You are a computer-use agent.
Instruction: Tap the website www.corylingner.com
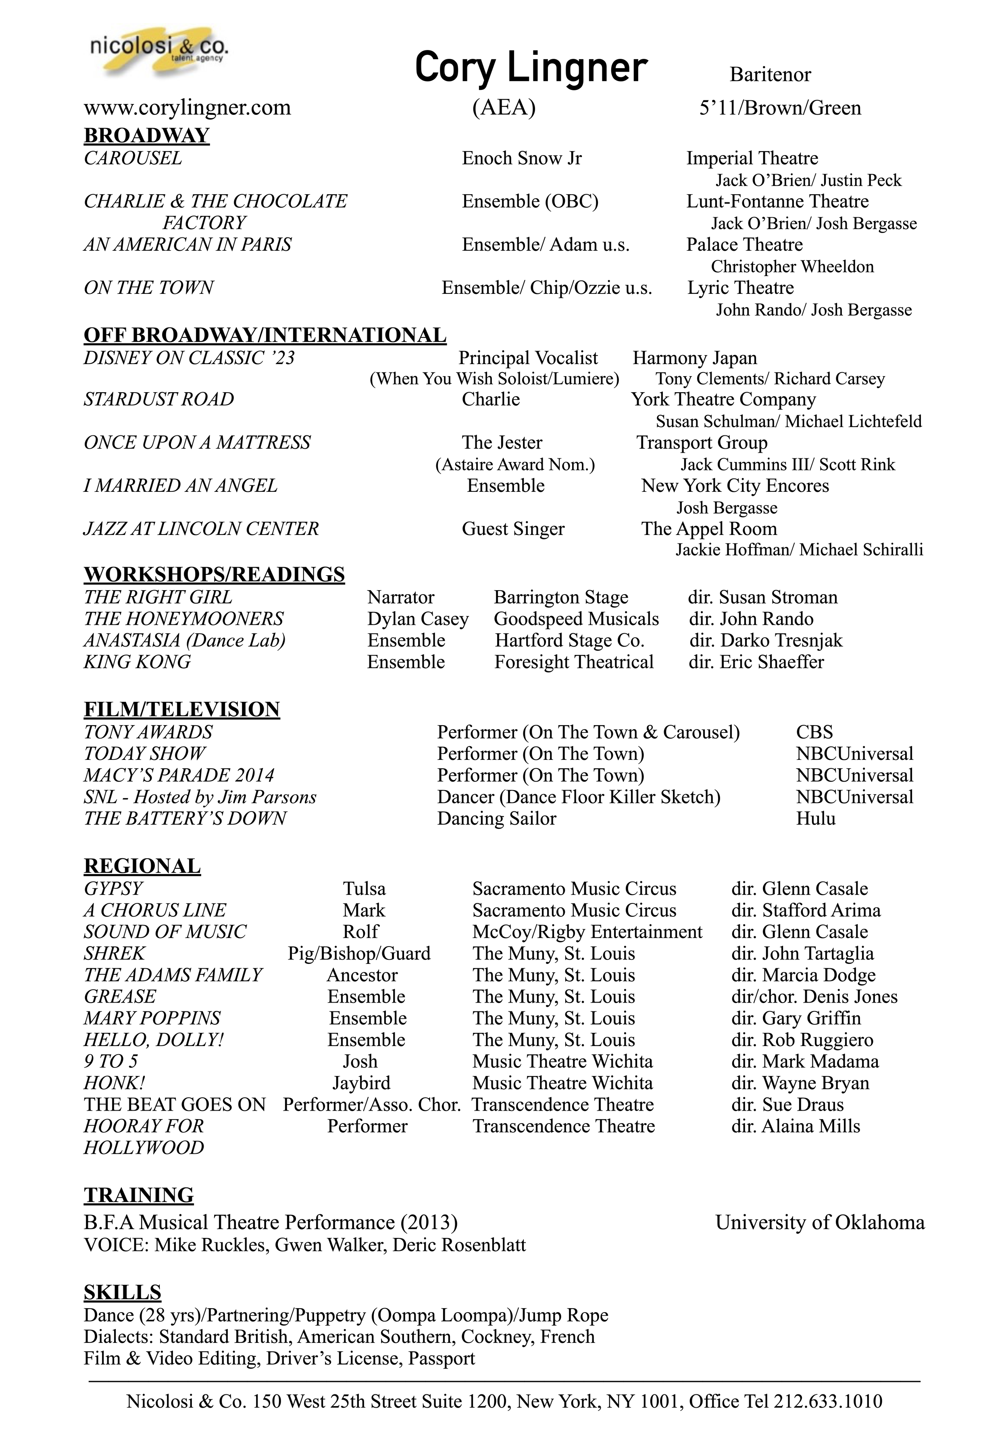[187, 108]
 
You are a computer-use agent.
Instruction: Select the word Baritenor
[770, 75]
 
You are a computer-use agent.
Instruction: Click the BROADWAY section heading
[146, 135]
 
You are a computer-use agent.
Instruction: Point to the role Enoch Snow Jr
[522, 158]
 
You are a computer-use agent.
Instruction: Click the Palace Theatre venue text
[744, 244]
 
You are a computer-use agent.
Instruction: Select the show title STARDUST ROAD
[159, 399]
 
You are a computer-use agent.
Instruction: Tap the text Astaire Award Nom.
[515, 465]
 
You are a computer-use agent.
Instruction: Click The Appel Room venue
[709, 528]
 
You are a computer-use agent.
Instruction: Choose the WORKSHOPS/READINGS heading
[214, 574]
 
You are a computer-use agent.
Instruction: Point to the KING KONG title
[137, 662]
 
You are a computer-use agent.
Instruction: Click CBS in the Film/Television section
[814, 732]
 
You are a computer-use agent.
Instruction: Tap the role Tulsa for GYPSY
[364, 888]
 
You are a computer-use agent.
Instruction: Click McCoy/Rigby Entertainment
[587, 932]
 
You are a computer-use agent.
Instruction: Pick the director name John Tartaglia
[818, 953]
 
